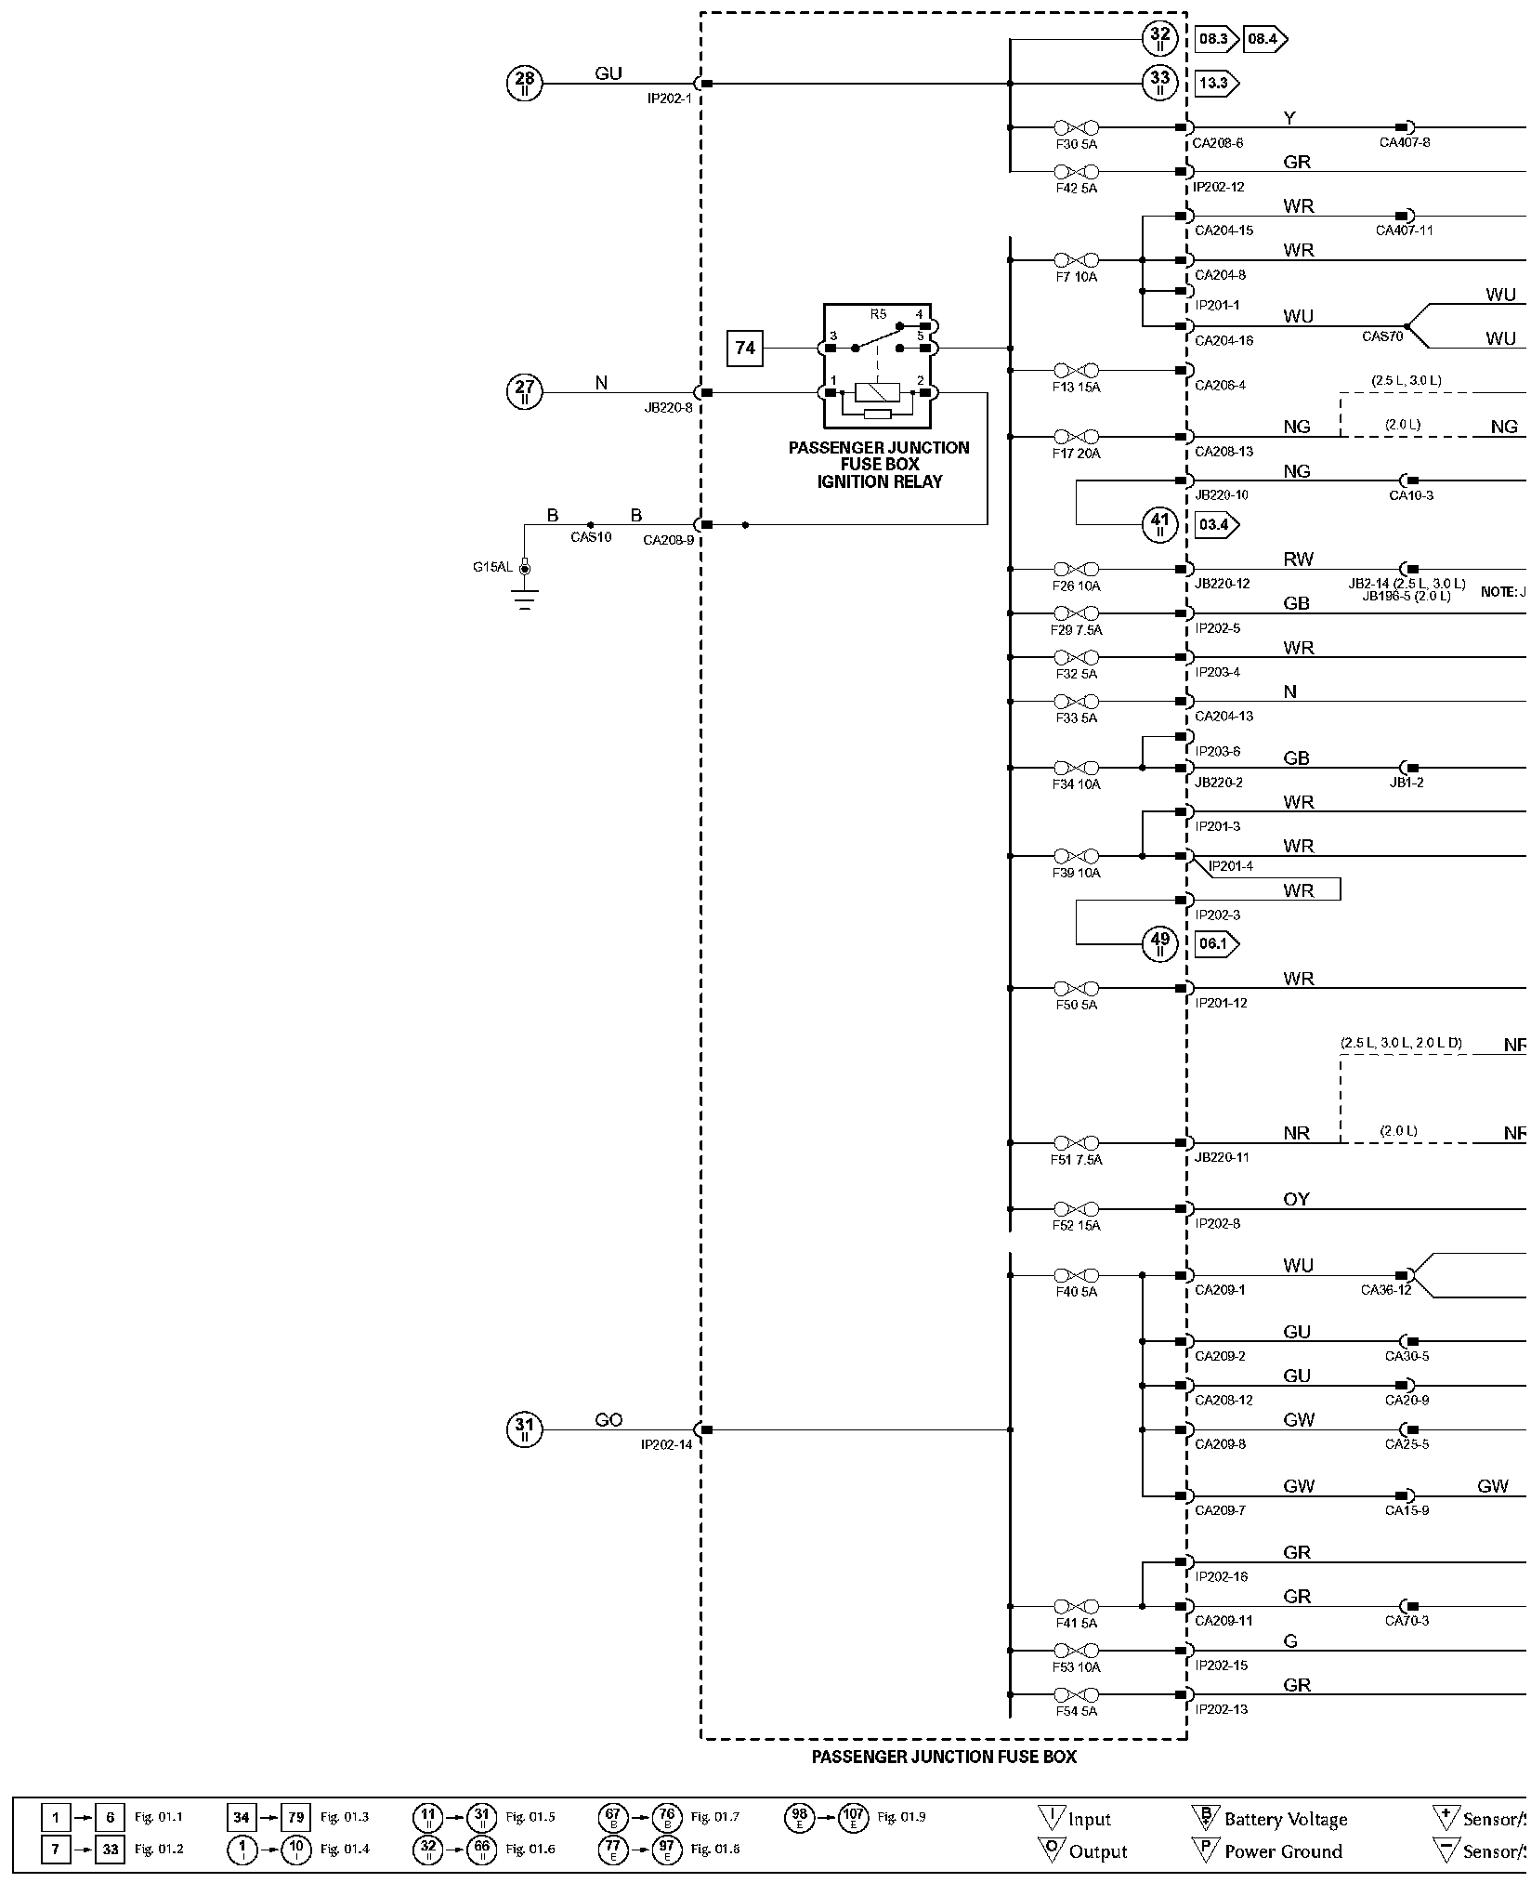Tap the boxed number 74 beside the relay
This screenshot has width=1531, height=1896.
(x=745, y=349)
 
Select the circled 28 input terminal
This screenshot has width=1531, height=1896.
(x=525, y=84)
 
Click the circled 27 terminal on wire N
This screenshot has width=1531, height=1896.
(x=525, y=392)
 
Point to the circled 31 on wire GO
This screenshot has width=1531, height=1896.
(x=525, y=1429)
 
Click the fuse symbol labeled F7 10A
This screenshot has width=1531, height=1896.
(x=1077, y=260)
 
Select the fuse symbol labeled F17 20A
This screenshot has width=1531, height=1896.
(x=1077, y=436)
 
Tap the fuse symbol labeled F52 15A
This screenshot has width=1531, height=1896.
(x=1077, y=1209)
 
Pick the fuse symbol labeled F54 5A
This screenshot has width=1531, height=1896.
(x=1077, y=1694)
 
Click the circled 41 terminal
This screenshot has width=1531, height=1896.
(x=1159, y=524)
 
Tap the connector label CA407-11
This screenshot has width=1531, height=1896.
(x=1404, y=230)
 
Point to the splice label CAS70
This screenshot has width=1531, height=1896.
(x=1382, y=336)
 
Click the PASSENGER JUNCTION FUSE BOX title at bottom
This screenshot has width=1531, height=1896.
(x=944, y=1757)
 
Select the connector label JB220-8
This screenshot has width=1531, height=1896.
(x=669, y=407)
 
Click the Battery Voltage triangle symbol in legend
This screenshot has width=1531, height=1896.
(x=1204, y=1818)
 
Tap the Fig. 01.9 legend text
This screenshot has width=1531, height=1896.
(x=901, y=1816)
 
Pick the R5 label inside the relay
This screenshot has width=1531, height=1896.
(x=878, y=314)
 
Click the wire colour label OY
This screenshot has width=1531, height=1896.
(x=1296, y=1200)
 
